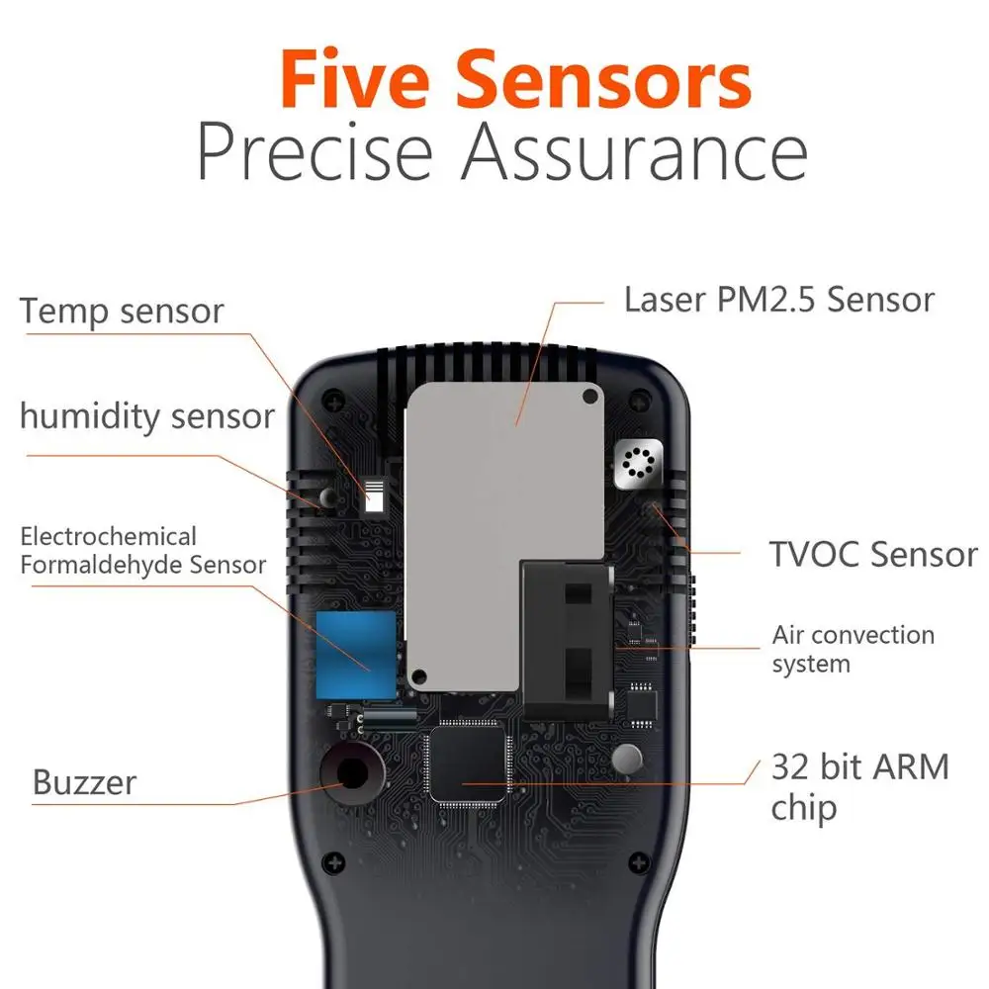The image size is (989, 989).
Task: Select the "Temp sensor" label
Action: click(123, 311)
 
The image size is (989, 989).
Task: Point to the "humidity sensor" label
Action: click(146, 416)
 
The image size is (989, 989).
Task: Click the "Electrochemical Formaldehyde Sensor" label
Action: click(142, 551)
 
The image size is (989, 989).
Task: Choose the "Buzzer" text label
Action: click(84, 782)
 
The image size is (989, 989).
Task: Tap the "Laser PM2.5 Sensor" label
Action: click(778, 300)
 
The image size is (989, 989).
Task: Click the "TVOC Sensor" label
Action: click(873, 554)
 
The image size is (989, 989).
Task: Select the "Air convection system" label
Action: click(853, 649)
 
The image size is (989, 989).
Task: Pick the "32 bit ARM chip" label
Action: click(859, 786)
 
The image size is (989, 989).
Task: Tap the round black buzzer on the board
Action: click(349, 767)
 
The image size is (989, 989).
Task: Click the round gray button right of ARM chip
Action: click(628, 759)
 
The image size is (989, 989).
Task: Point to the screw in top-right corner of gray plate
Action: click(590, 397)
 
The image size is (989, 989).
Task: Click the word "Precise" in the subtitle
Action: click(315, 154)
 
